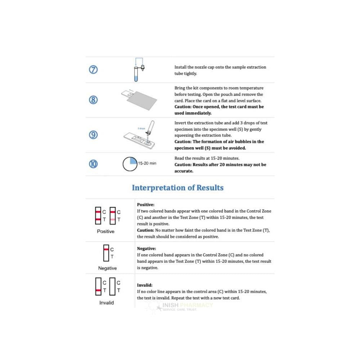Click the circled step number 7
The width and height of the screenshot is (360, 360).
(x=93, y=70)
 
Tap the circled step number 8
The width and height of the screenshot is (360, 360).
(x=93, y=100)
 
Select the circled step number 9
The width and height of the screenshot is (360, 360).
(x=93, y=135)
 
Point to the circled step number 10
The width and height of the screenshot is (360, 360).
(x=93, y=164)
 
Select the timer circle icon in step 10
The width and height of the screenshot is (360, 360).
(x=130, y=164)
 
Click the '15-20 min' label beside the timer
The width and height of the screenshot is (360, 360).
(x=147, y=163)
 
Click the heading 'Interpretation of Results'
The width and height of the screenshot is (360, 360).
(x=177, y=188)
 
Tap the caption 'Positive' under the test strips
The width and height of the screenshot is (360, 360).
(x=105, y=231)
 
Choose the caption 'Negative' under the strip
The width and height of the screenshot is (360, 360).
(x=107, y=268)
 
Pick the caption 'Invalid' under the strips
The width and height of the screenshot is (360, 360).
(x=106, y=303)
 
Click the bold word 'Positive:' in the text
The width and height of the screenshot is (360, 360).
(x=145, y=204)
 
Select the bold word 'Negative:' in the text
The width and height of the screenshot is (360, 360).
(x=147, y=248)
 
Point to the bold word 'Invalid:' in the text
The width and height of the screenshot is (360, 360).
(x=145, y=285)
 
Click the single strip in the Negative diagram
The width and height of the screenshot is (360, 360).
(x=106, y=253)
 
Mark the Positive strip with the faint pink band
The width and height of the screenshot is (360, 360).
(x=113, y=215)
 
